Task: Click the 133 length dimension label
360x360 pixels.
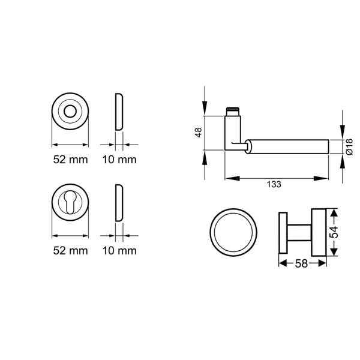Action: tap(274, 184)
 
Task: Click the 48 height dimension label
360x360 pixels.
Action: tap(199, 133)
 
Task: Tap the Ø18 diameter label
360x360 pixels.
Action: tap(349, 147)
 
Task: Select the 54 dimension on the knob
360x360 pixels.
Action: tap(334, 232)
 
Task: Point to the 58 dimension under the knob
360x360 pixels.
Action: tap(301, 263)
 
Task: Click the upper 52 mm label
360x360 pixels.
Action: tap(70, 160)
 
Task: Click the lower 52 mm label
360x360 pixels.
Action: tap(70, 250)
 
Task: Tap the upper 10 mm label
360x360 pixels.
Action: tap(119, 160)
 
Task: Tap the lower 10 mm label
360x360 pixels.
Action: tap(119, 250)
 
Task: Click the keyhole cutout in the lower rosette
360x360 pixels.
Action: tap(70, 202)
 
